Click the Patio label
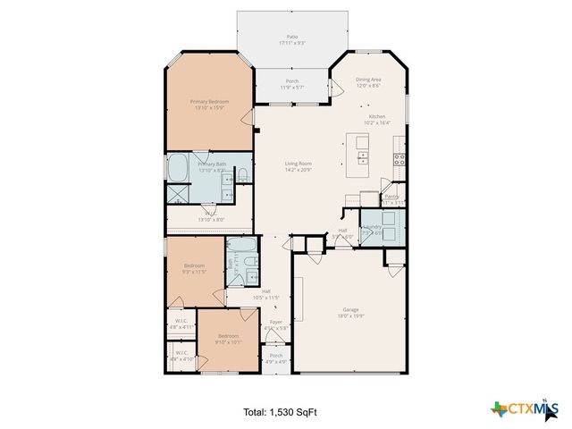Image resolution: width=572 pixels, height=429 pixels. pyautogui.click(x=286, y=40)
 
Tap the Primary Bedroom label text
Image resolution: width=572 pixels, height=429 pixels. pyautogui.click(x=209, y=105)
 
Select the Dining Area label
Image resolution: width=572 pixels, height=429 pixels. pyautogui.click(x=368, y=82)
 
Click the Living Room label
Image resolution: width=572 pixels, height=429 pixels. pyautogui.click(x=298, y=166)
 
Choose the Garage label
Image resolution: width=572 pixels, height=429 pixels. pyautogui.click(x=350, y=312)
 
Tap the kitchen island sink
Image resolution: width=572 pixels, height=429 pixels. pyautogui.click(x=363, y=158)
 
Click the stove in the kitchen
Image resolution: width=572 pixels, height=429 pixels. pyautogui.click(x=400, y=161)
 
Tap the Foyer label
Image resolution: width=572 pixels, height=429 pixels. pyautogui.click(x=275, y=324)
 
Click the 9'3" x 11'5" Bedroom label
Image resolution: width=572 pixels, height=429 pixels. pyautogui.click(x=195, y=267)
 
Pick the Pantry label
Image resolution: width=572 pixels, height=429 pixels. pyautogui.click(x=391, y=199)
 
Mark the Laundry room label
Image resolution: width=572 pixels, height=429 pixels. pyautogui.click(x=373, y=230)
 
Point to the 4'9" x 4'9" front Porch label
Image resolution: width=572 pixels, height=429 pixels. pyautogui.click(x=276, y=358)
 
